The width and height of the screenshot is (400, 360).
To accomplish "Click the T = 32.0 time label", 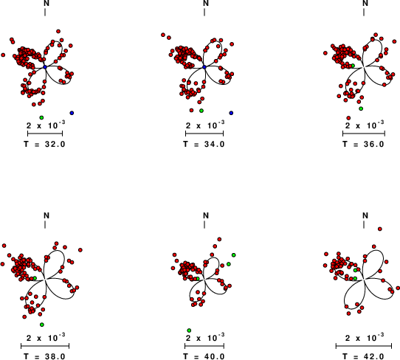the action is pyautogui.click(x=44, y=145).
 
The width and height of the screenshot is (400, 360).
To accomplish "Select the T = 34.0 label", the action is pyautogui.click(x=204, y=145).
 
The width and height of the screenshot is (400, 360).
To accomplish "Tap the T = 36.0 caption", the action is pyautogui.click(x=364, y=145).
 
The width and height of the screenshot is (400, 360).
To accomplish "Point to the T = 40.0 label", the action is pyautogui.click(x=204, y=356).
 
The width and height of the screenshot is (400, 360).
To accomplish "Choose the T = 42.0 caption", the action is pyautogui.click(x=364, y=356).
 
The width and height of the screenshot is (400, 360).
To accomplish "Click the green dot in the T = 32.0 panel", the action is pyautogui.click(x=41, y=117).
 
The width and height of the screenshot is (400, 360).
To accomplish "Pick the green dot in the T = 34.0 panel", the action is pyautogui.click(x=201, y=111).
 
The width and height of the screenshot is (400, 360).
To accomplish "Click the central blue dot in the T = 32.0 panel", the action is pyautogui.click(x=45, y=67).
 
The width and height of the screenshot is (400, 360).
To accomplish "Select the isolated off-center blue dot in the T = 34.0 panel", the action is pyautogui.click(x=231, y=113).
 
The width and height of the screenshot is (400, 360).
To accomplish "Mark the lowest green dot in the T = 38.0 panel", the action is pyautogui.click(x=42, y=325).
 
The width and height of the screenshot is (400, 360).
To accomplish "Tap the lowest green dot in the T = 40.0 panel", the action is pyautogui.click(x=189, y=330).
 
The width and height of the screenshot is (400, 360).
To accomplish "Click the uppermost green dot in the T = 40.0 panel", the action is pyautogui.click(x=233, y=255).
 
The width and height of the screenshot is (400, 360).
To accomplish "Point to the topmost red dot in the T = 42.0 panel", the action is pyautogui.click(x=380, y=229).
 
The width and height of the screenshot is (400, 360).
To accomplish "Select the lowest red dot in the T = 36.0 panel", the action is pyautogui.click(x=348, y=118).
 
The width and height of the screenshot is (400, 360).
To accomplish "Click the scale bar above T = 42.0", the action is pyautogui.click(x=364, y=346).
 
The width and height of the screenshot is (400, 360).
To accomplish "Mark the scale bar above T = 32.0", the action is pyautogui.click(x=45, y=134).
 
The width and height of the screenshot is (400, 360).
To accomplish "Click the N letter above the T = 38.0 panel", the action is pyautogui.click(x=46, y=215).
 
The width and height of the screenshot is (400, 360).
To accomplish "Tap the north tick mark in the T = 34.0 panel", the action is pyautogui.click(x=204, y=12).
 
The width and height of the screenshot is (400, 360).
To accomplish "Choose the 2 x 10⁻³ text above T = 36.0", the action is pyautogui.click(x=365, y=125).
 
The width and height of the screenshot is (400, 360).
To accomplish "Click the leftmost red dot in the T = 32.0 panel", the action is pyautogui.click(x=3, y=55).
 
